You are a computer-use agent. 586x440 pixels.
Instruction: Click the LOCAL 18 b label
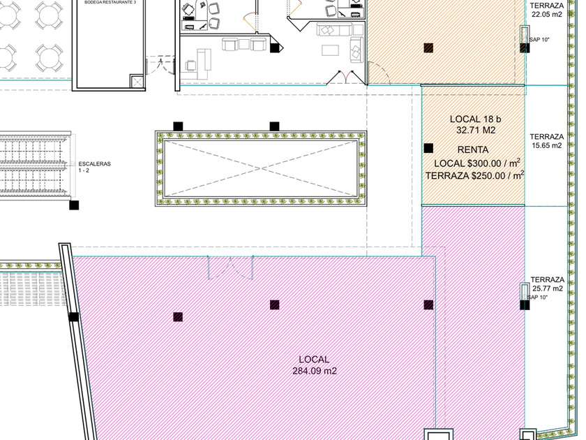point(475,119)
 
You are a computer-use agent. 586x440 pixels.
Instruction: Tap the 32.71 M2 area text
point(476,130)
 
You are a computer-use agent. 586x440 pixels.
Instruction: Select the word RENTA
point(473,150)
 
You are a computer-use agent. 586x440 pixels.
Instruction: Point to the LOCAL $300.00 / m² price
point(477,163)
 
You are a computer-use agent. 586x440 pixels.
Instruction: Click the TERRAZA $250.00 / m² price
point(474,175)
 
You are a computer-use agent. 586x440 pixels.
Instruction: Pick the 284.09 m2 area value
point(315,371)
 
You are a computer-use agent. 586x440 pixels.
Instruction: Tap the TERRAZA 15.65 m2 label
point(546,141)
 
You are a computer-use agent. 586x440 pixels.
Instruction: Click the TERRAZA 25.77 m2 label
point(547,284)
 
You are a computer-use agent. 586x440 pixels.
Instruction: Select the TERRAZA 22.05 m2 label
point(546,10)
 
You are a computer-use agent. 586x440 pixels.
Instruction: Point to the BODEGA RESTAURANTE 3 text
point(110,2)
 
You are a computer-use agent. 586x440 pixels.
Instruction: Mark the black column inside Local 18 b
point(428,149)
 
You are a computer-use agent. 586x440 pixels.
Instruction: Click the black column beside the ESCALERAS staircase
point(74,205)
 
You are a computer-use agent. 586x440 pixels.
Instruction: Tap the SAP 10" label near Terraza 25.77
point(537,298)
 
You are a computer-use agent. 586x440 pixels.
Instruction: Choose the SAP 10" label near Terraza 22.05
point(539,40)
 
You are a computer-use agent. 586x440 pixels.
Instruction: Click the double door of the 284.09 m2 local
point(231,267)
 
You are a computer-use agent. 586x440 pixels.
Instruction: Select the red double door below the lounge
point(346,77)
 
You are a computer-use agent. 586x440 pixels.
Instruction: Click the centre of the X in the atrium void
point(261,169)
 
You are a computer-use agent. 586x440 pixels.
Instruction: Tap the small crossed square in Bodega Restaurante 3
point(137,81)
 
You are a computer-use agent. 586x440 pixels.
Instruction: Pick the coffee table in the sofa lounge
point(331,50)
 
